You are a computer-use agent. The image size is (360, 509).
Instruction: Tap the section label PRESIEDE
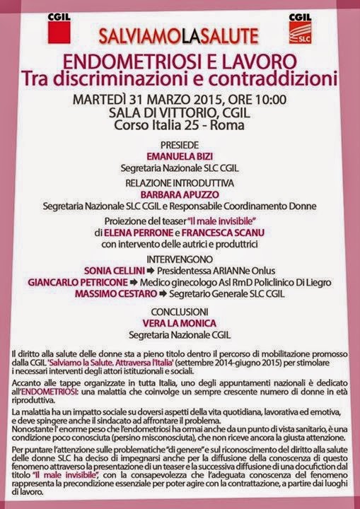click(x=180, y=141)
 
